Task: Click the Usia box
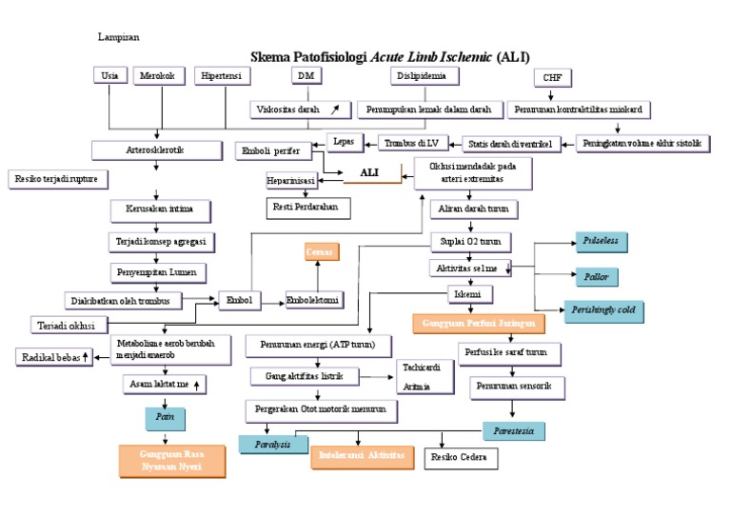coord(109,76)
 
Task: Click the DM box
coord(305,76)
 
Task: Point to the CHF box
coord(552,78)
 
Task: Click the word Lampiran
coord(119,37)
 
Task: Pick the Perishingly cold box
coord(603,310)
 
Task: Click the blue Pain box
coord(165,416)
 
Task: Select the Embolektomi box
coord(313,301)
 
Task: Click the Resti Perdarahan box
coord(306,206)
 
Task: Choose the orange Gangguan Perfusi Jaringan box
coord(479,324)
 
